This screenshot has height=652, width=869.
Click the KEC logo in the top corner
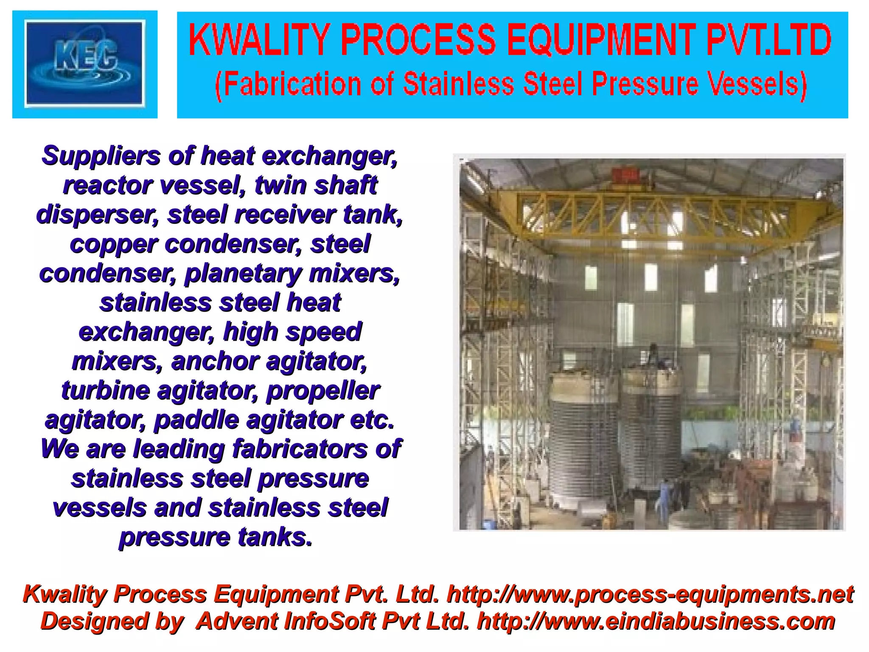point(85,64)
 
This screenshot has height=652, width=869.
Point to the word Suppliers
point(101,156)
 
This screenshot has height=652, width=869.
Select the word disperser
point(97,215)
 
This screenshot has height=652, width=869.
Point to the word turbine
point(106,390)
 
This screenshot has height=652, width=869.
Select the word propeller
point(322,390)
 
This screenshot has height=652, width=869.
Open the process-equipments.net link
point(650,594)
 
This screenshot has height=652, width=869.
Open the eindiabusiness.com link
point(656,621)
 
